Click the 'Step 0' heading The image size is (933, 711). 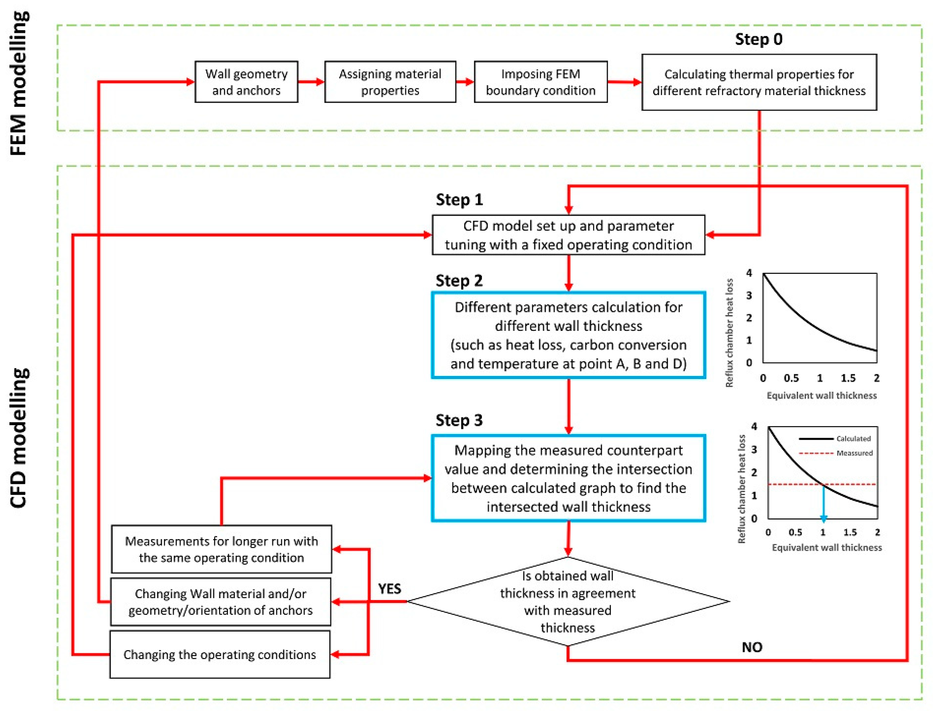(x=758, y=39)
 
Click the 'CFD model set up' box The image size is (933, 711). (x=568, y=235)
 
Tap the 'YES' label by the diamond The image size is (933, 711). (x=389, y=589)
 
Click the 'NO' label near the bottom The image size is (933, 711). (x=752, y=647)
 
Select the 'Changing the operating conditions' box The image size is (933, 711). (x=220, y=655)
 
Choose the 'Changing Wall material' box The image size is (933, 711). (x=221, y=602)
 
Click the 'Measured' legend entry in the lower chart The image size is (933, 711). (x=854, y=453)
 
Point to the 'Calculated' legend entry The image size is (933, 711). (x=853, y=439)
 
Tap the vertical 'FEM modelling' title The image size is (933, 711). (x=19, y=83)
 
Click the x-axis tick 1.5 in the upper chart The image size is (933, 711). (x=848, y=378)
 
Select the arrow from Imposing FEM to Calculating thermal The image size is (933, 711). (x=624, y=82)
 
